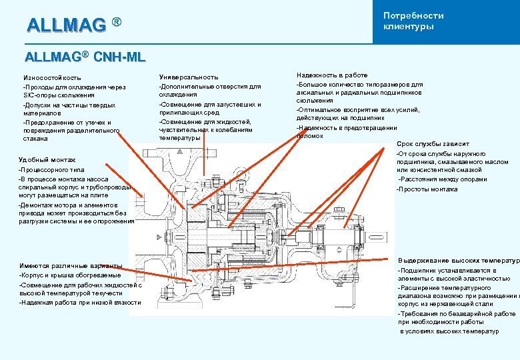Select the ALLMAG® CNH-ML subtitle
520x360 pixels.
tap(85, 57)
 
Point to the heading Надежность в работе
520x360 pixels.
tap(332, 75)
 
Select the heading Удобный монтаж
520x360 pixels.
tap(47, 160)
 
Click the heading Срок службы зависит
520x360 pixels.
tap(433, 144)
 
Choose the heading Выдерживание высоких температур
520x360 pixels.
tap(457, 260)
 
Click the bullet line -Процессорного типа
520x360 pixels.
tap(52, 171)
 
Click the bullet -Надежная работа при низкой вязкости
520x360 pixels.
tap(80, 303)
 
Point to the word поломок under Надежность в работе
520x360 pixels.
tap(310, 136)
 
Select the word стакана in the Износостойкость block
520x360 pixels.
tap(35, 139)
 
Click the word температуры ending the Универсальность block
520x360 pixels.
tap(179, 139)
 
